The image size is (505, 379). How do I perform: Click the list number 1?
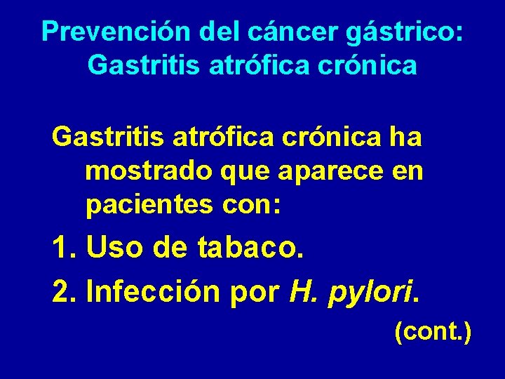point(63,248)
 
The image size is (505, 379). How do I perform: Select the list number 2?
point(63,291)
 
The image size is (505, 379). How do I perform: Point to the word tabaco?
point(251,248)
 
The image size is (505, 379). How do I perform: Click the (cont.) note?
point(433,331)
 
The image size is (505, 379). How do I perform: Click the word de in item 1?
point(175,248)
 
